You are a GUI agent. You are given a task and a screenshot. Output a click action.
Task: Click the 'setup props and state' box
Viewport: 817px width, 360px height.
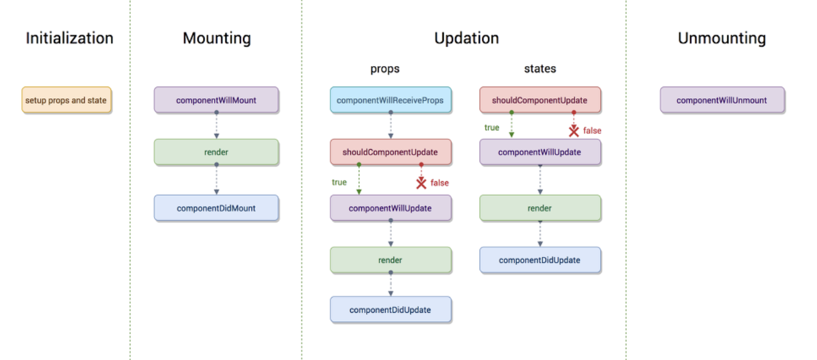pos(67,100)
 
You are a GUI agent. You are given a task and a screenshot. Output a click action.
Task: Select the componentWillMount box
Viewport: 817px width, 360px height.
pos(216,100)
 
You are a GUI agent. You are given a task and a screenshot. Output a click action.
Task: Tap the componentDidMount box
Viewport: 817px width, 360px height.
pos(216,208)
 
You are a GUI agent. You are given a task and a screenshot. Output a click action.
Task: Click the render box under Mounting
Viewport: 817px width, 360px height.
pos(216,152)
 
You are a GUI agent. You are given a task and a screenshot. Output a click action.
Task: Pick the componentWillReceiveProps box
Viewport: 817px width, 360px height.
pos(391,100)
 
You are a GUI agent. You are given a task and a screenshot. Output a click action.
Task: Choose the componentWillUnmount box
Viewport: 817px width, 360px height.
pos(722,100)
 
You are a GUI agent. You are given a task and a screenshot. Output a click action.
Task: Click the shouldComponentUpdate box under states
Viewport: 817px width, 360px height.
pos(540,100)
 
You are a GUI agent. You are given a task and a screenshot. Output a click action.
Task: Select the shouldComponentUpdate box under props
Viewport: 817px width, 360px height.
pos(391,152)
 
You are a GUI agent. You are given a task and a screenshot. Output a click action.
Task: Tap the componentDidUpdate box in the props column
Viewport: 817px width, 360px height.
pos(391,310)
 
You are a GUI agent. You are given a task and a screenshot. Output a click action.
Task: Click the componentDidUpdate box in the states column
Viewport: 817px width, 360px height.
pos(540,260)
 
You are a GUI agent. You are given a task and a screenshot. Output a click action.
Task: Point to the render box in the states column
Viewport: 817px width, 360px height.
pos(540,208)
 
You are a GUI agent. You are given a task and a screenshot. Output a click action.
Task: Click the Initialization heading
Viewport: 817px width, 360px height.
pos(70,38)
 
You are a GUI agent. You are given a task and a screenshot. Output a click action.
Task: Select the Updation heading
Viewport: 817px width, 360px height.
pos(467,38)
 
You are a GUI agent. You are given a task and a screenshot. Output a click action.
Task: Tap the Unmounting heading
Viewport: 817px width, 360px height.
pos(722,38)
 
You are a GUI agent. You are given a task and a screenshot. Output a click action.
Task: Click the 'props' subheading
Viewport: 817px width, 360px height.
pos(385,69)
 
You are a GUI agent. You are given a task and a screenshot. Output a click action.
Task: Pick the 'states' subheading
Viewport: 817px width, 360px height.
pos(540,68)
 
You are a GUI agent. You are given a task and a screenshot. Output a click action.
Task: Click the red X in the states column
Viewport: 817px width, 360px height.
pos(574,131)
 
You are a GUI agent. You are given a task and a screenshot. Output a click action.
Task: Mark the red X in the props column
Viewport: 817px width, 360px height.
pos(421,183)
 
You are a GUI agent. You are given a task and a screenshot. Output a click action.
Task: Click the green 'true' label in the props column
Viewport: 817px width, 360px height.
pos(339,182)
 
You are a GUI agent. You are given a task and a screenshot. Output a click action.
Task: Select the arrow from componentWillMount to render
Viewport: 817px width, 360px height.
pos(216,125)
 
